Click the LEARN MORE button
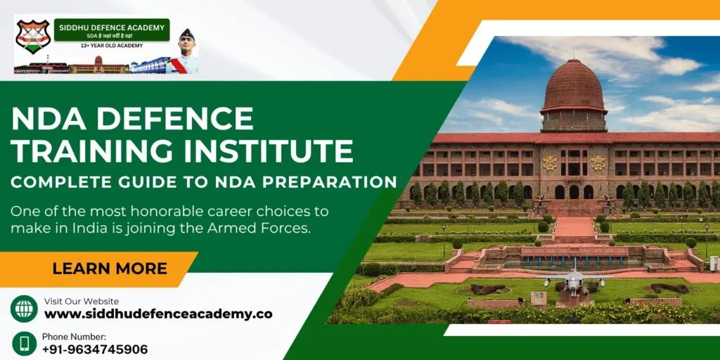point(109,268)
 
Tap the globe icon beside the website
point(24,309)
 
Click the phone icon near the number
point(24,343)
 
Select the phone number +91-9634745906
point(95,349)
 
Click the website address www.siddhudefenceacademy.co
point(158,314)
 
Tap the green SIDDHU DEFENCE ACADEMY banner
point(112,29)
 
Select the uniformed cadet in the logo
point(184,53)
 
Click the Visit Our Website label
point(82,302)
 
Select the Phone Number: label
point(74,337)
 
